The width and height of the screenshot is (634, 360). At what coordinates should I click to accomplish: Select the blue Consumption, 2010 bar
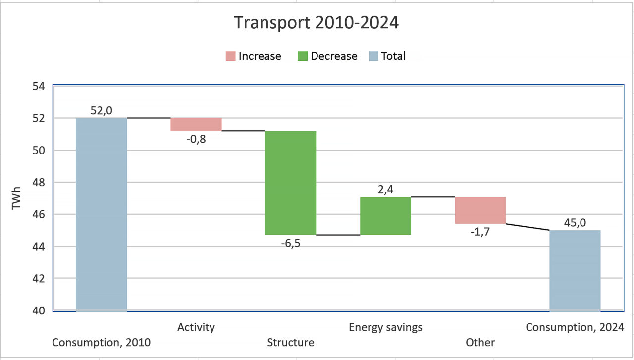pyautogui.click(x=101, y=214)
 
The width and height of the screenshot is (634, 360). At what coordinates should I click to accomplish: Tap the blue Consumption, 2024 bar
pyautogui.click(x=575, y=270)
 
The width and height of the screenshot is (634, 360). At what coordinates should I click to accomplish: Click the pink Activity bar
pyautogui.click(x=196, y=124)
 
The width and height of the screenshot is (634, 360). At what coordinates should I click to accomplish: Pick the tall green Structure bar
pyautogui.click(x=291, y=182)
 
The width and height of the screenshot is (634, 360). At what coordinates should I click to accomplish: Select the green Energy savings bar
pyautogui.click(x=385, y=215)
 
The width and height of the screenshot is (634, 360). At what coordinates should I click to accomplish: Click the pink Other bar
pyautogui.click(x=480, y=210)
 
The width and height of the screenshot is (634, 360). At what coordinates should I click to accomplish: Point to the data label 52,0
pyautogui.click(x=101, y=110)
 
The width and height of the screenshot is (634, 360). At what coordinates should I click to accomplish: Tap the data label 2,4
pyautogui.click(x=385, y=189)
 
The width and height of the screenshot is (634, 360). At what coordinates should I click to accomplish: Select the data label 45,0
pyautogui.click(x=575, y=223)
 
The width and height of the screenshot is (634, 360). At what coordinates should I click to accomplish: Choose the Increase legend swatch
pyautogui.click(x=230, y=56)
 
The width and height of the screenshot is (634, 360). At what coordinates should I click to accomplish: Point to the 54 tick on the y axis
pyautogui.click(x=38, y=87)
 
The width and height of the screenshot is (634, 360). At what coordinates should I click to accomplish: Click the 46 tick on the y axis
pyautogui.click(x=38, y=215)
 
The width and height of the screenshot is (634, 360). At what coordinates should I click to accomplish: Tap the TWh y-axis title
pyautogui.click(x=16, y=198)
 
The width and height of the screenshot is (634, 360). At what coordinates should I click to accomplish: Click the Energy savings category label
pyautogui.click(x=385, y=327)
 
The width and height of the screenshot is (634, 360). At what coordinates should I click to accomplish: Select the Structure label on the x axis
pyautogui.click(x=290, y=343)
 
